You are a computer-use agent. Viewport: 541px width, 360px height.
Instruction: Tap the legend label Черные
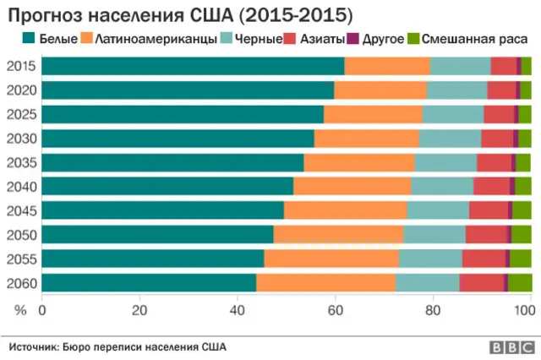tap(260, 39)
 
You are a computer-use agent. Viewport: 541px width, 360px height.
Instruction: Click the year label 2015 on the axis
tap(20, 67)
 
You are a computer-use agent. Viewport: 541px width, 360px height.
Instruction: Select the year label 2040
tap(20, 187)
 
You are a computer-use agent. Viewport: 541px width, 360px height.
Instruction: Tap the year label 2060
tap(20, 283)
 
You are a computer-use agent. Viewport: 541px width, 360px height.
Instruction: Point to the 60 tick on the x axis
tap(336, 310)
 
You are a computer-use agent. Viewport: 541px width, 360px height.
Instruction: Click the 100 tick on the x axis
tap(525, 310)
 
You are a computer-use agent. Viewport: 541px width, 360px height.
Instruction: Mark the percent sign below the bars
tap(20, 310)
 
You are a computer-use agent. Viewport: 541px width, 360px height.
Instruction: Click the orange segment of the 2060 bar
tap(325, 283)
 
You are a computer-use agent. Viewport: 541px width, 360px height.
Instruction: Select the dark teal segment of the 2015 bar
tap(193, 67)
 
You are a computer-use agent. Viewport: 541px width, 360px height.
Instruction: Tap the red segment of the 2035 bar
tap(494, 163)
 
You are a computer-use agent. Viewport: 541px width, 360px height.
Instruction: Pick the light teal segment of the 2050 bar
tap(434, 235)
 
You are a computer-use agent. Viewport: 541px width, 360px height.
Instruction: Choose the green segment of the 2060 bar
tap(520, 283)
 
